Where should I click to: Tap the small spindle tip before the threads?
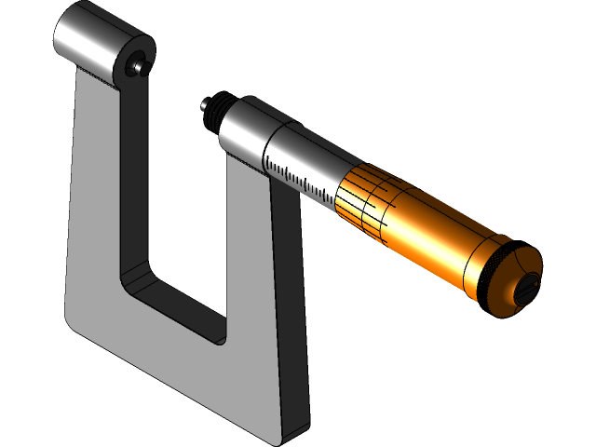204,108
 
